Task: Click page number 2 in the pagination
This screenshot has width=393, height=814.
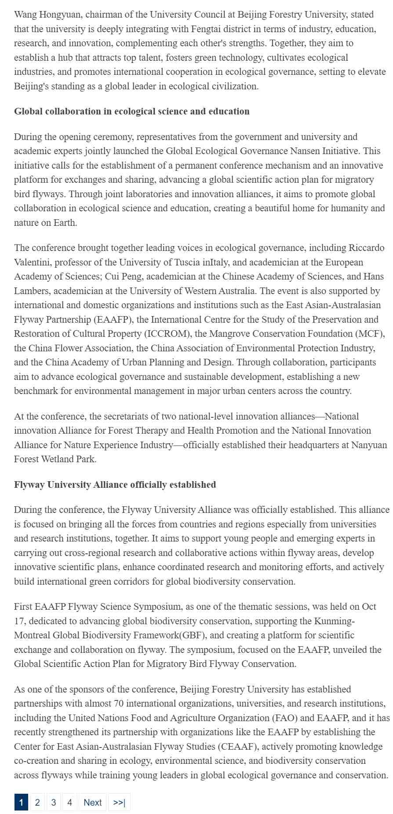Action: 37,802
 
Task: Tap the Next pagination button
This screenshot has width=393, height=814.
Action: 92,802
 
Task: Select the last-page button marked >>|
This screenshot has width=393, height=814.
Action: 119,802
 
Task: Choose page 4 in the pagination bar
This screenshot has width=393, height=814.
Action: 69,802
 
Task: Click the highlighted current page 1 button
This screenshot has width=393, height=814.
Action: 21,802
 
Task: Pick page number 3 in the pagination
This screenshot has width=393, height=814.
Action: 54,802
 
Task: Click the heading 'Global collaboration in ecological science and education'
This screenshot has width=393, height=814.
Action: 131,111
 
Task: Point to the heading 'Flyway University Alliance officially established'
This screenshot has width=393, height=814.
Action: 115,485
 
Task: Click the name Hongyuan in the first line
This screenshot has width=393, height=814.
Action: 61,15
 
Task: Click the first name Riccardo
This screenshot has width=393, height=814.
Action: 366,248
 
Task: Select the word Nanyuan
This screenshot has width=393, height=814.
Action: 368,445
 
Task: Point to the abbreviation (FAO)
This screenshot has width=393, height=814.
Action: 285,718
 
